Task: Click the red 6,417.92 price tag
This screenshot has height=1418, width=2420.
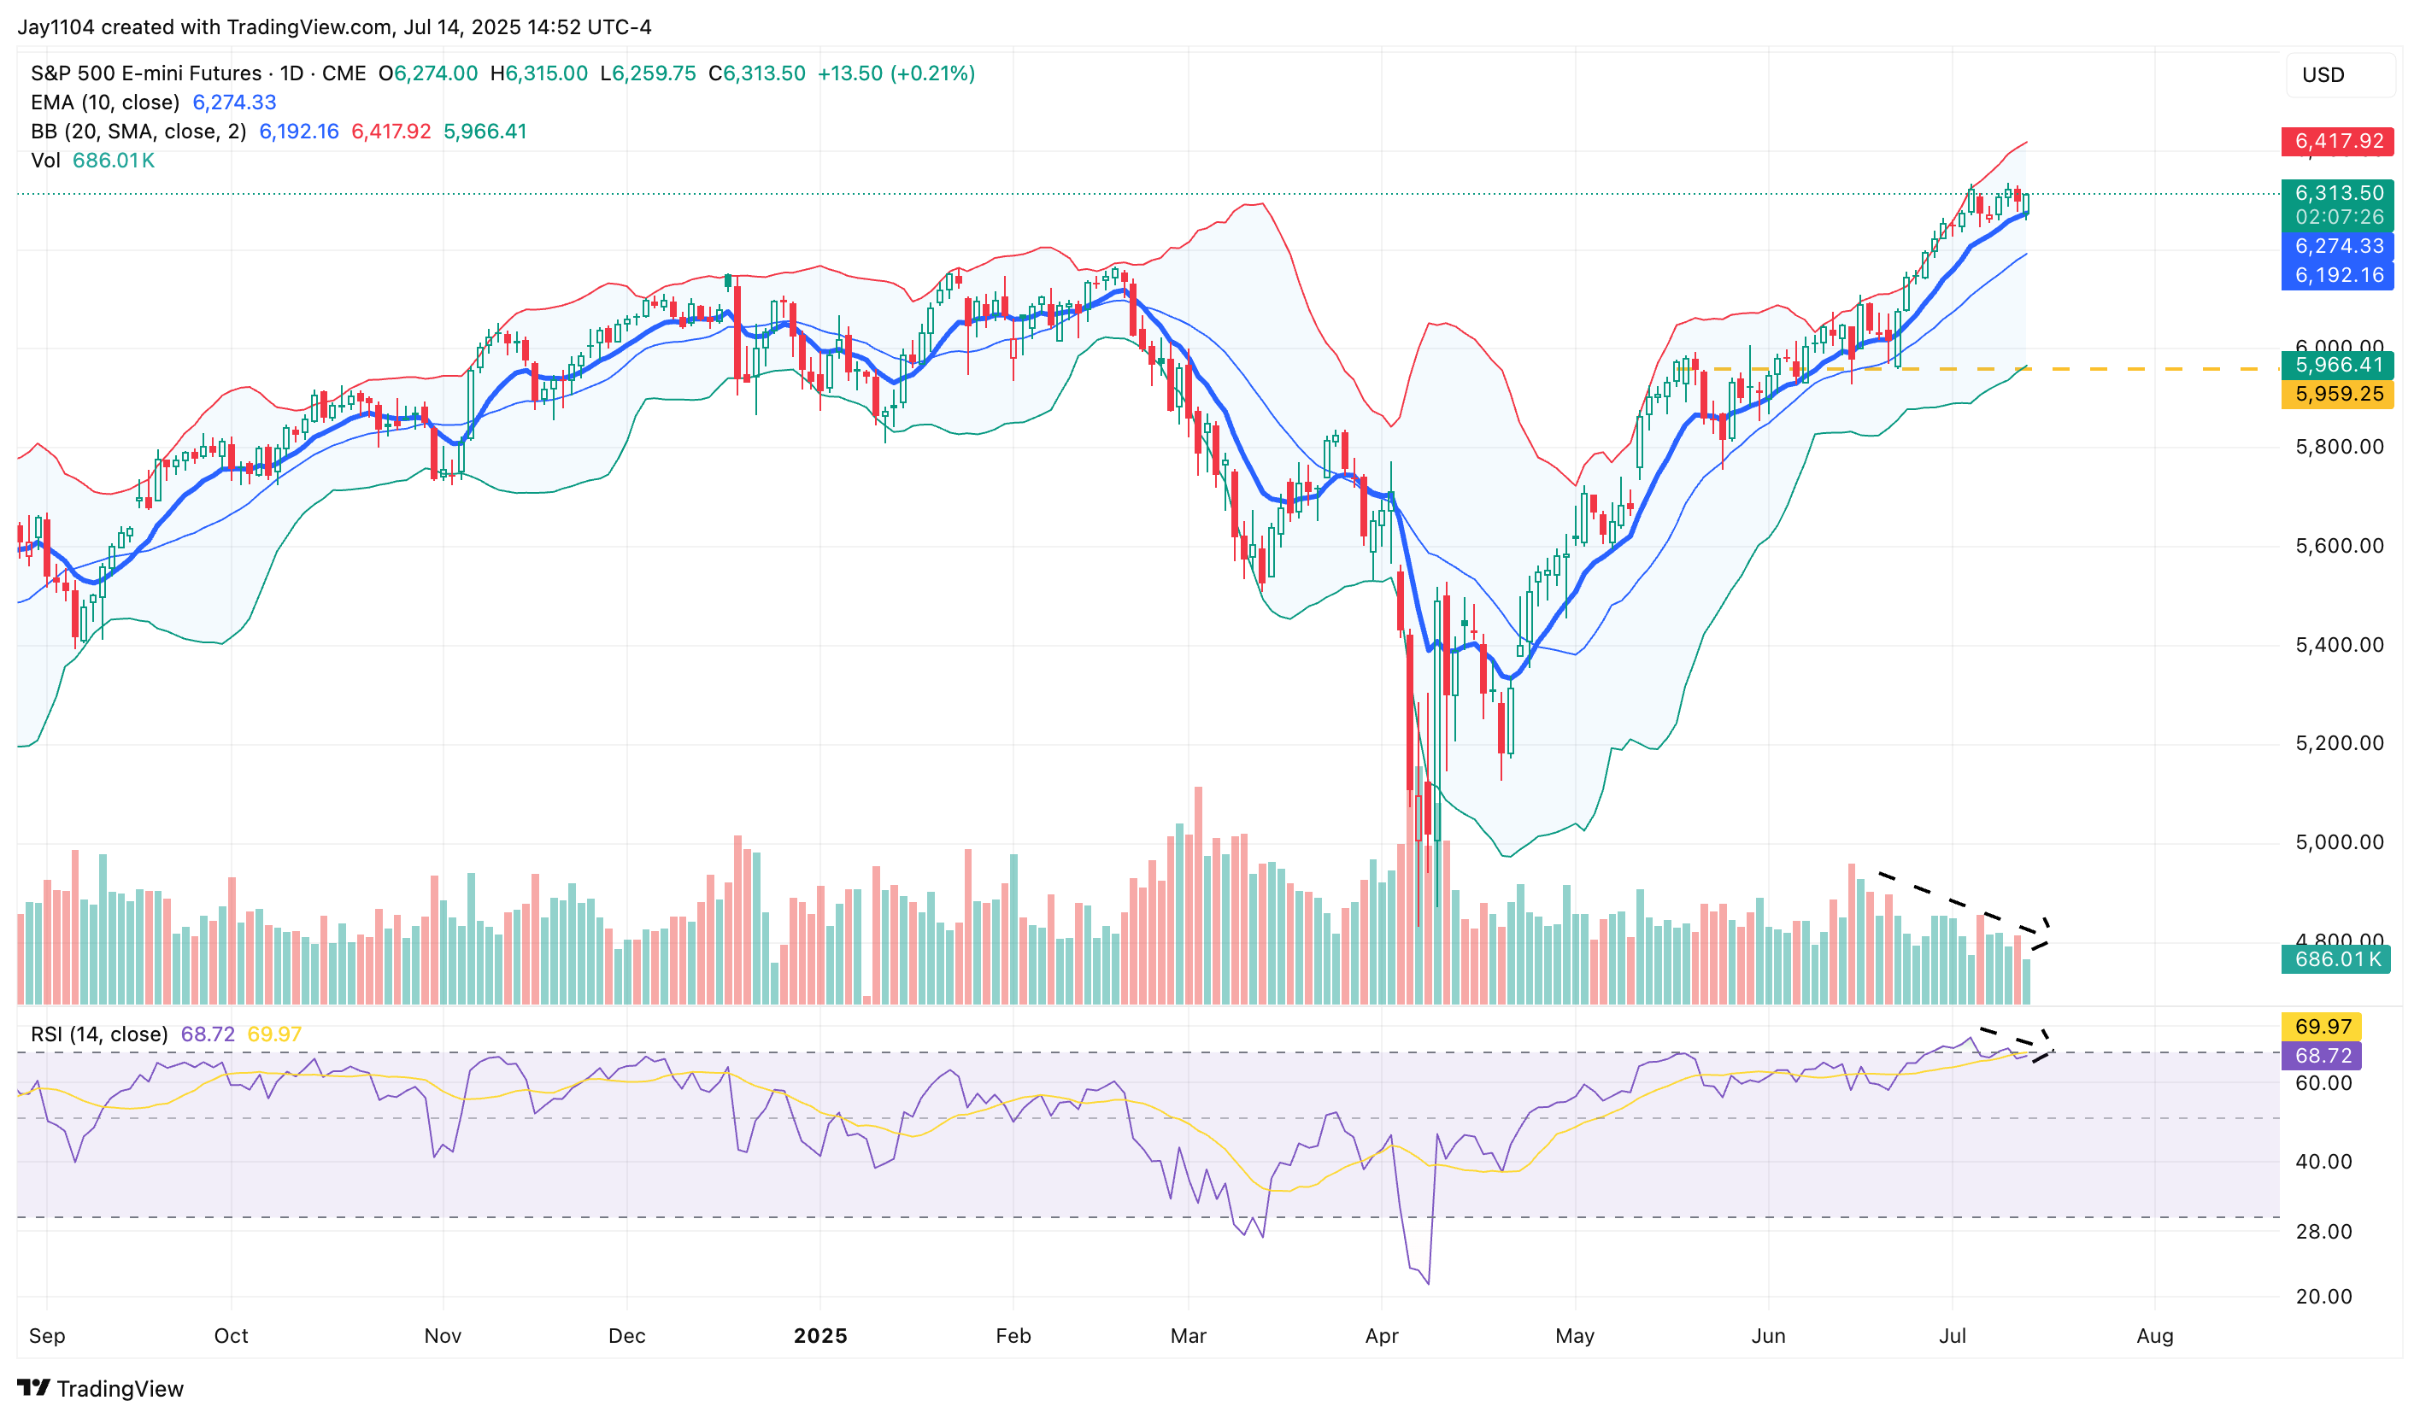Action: tap(2336, 141)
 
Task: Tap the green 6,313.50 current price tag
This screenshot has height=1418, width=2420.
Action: tap(2336, 193)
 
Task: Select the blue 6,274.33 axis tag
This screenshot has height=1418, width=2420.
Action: tap(2336, 246)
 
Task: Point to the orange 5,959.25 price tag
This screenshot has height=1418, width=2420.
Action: tap(2336, 394)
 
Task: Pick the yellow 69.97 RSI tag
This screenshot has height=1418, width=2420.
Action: tap(2321, 1026)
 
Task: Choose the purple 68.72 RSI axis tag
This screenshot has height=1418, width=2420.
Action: tap(2321, 1055)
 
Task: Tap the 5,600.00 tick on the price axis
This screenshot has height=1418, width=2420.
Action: tap(2338, 546)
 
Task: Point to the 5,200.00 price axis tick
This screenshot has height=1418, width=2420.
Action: tap(2338, 743)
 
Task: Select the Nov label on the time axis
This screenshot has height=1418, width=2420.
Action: tap(443, 1335)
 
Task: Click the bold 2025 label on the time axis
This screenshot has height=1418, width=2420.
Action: tap(820, 1335)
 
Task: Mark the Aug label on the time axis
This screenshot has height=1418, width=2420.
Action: tap(2154, 1335)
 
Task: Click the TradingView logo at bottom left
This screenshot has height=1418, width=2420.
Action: tap(101, 1388)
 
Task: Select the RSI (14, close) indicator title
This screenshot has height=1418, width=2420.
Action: tap(99, 1034)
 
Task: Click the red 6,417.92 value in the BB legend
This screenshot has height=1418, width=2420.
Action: tap(391, 132)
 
